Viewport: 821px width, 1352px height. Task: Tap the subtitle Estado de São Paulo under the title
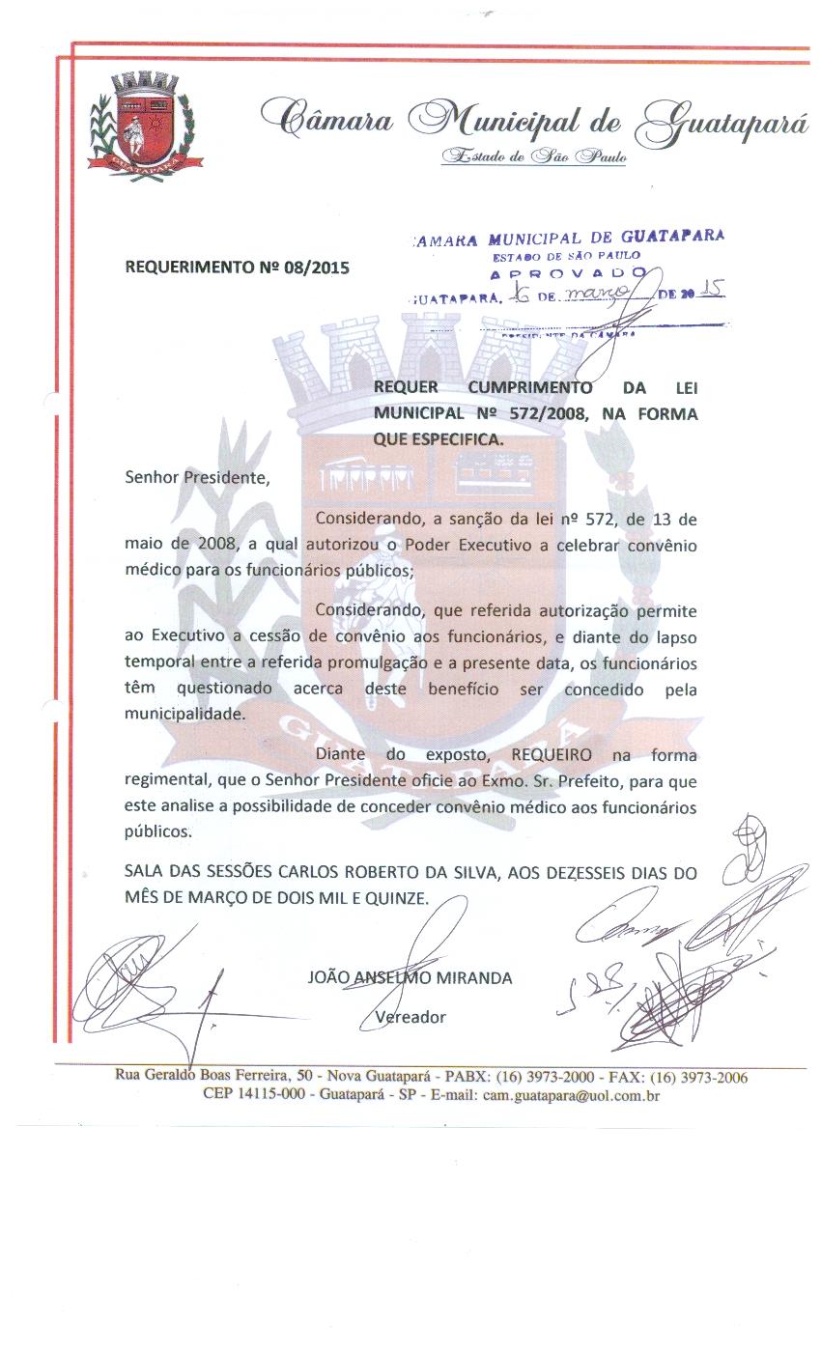tap(533, 156)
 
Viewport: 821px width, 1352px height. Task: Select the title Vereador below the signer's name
tap(410, 1017)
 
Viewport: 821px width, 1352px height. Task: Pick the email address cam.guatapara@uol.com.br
tap(571, 1095)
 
